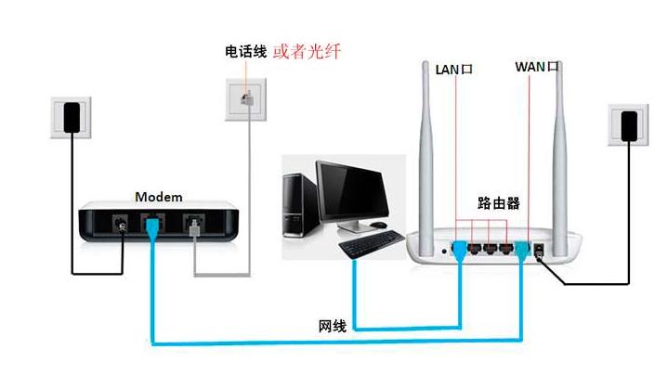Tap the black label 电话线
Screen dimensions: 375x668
[245, 50]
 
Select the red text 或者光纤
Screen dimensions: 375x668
[307, 50]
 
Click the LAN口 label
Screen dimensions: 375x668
[454, 69]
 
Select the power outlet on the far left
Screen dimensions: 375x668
[72, 117]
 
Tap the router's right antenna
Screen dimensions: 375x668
[563, 149]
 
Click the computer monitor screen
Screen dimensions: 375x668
[350, 190]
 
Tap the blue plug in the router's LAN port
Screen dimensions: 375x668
[458, 249]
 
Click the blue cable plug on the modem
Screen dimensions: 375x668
[151, 228]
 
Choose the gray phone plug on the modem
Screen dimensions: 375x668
[193, 227]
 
